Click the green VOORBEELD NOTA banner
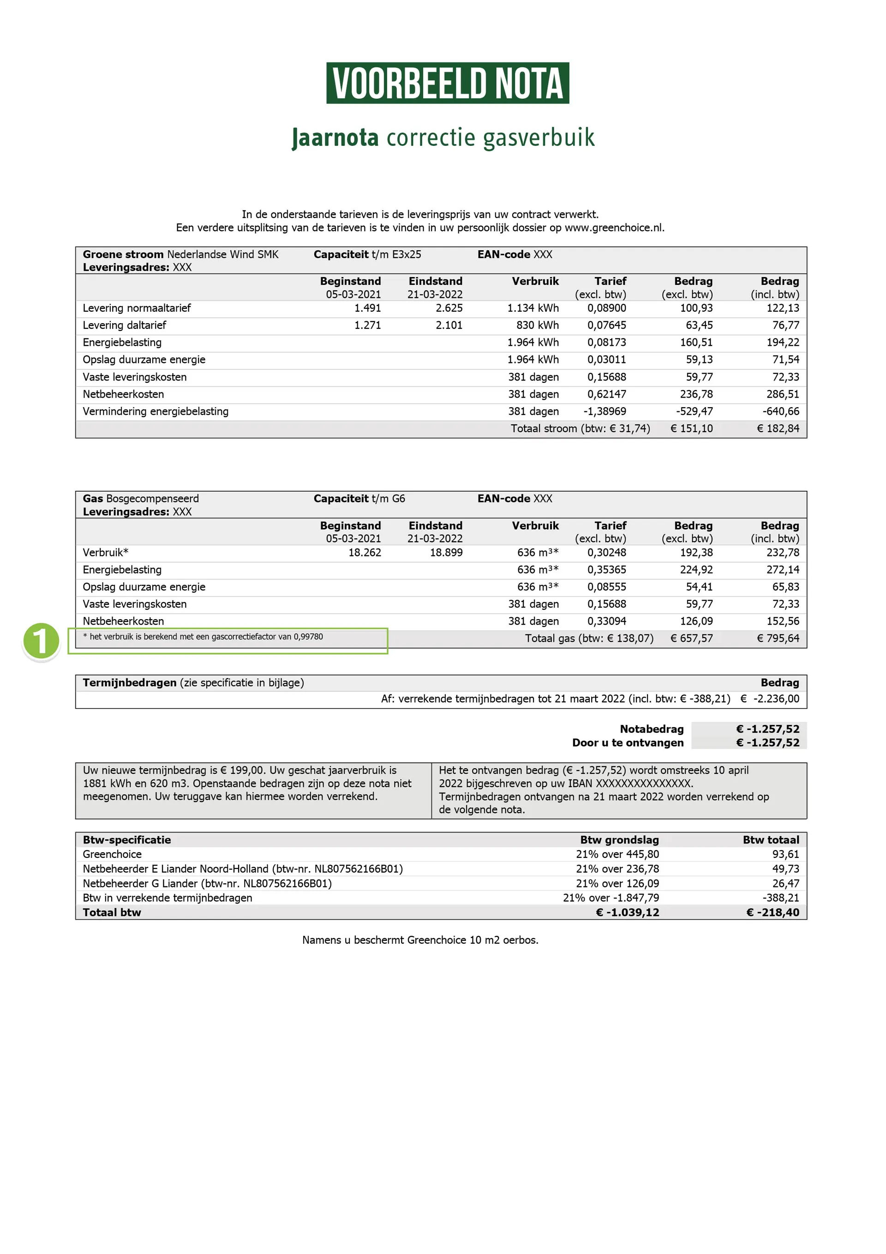(x=447, y=83)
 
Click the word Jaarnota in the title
(x=335, y=137)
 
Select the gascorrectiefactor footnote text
(x=203, y=637)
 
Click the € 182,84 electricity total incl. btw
(x=778, y=429)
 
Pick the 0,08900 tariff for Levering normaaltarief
(x=606, y=308)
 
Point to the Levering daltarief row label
(x=125, y=326)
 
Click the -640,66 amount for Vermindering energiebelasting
(x=781, y=412)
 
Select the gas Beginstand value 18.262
(x=365, y=553)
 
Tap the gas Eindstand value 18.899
(x=446, y=553)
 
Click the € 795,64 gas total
(x=778, y=639)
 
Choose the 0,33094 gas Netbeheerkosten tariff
(x=606, y=621)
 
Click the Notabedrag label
(x=651, y=729)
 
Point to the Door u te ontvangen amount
(x=767, y=743)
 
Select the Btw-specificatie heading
(x=126, y=840)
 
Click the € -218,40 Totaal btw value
(x=772, y=913)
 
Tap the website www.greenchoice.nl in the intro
(x=614, y=228)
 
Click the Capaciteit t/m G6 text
(x=359, y=499)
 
